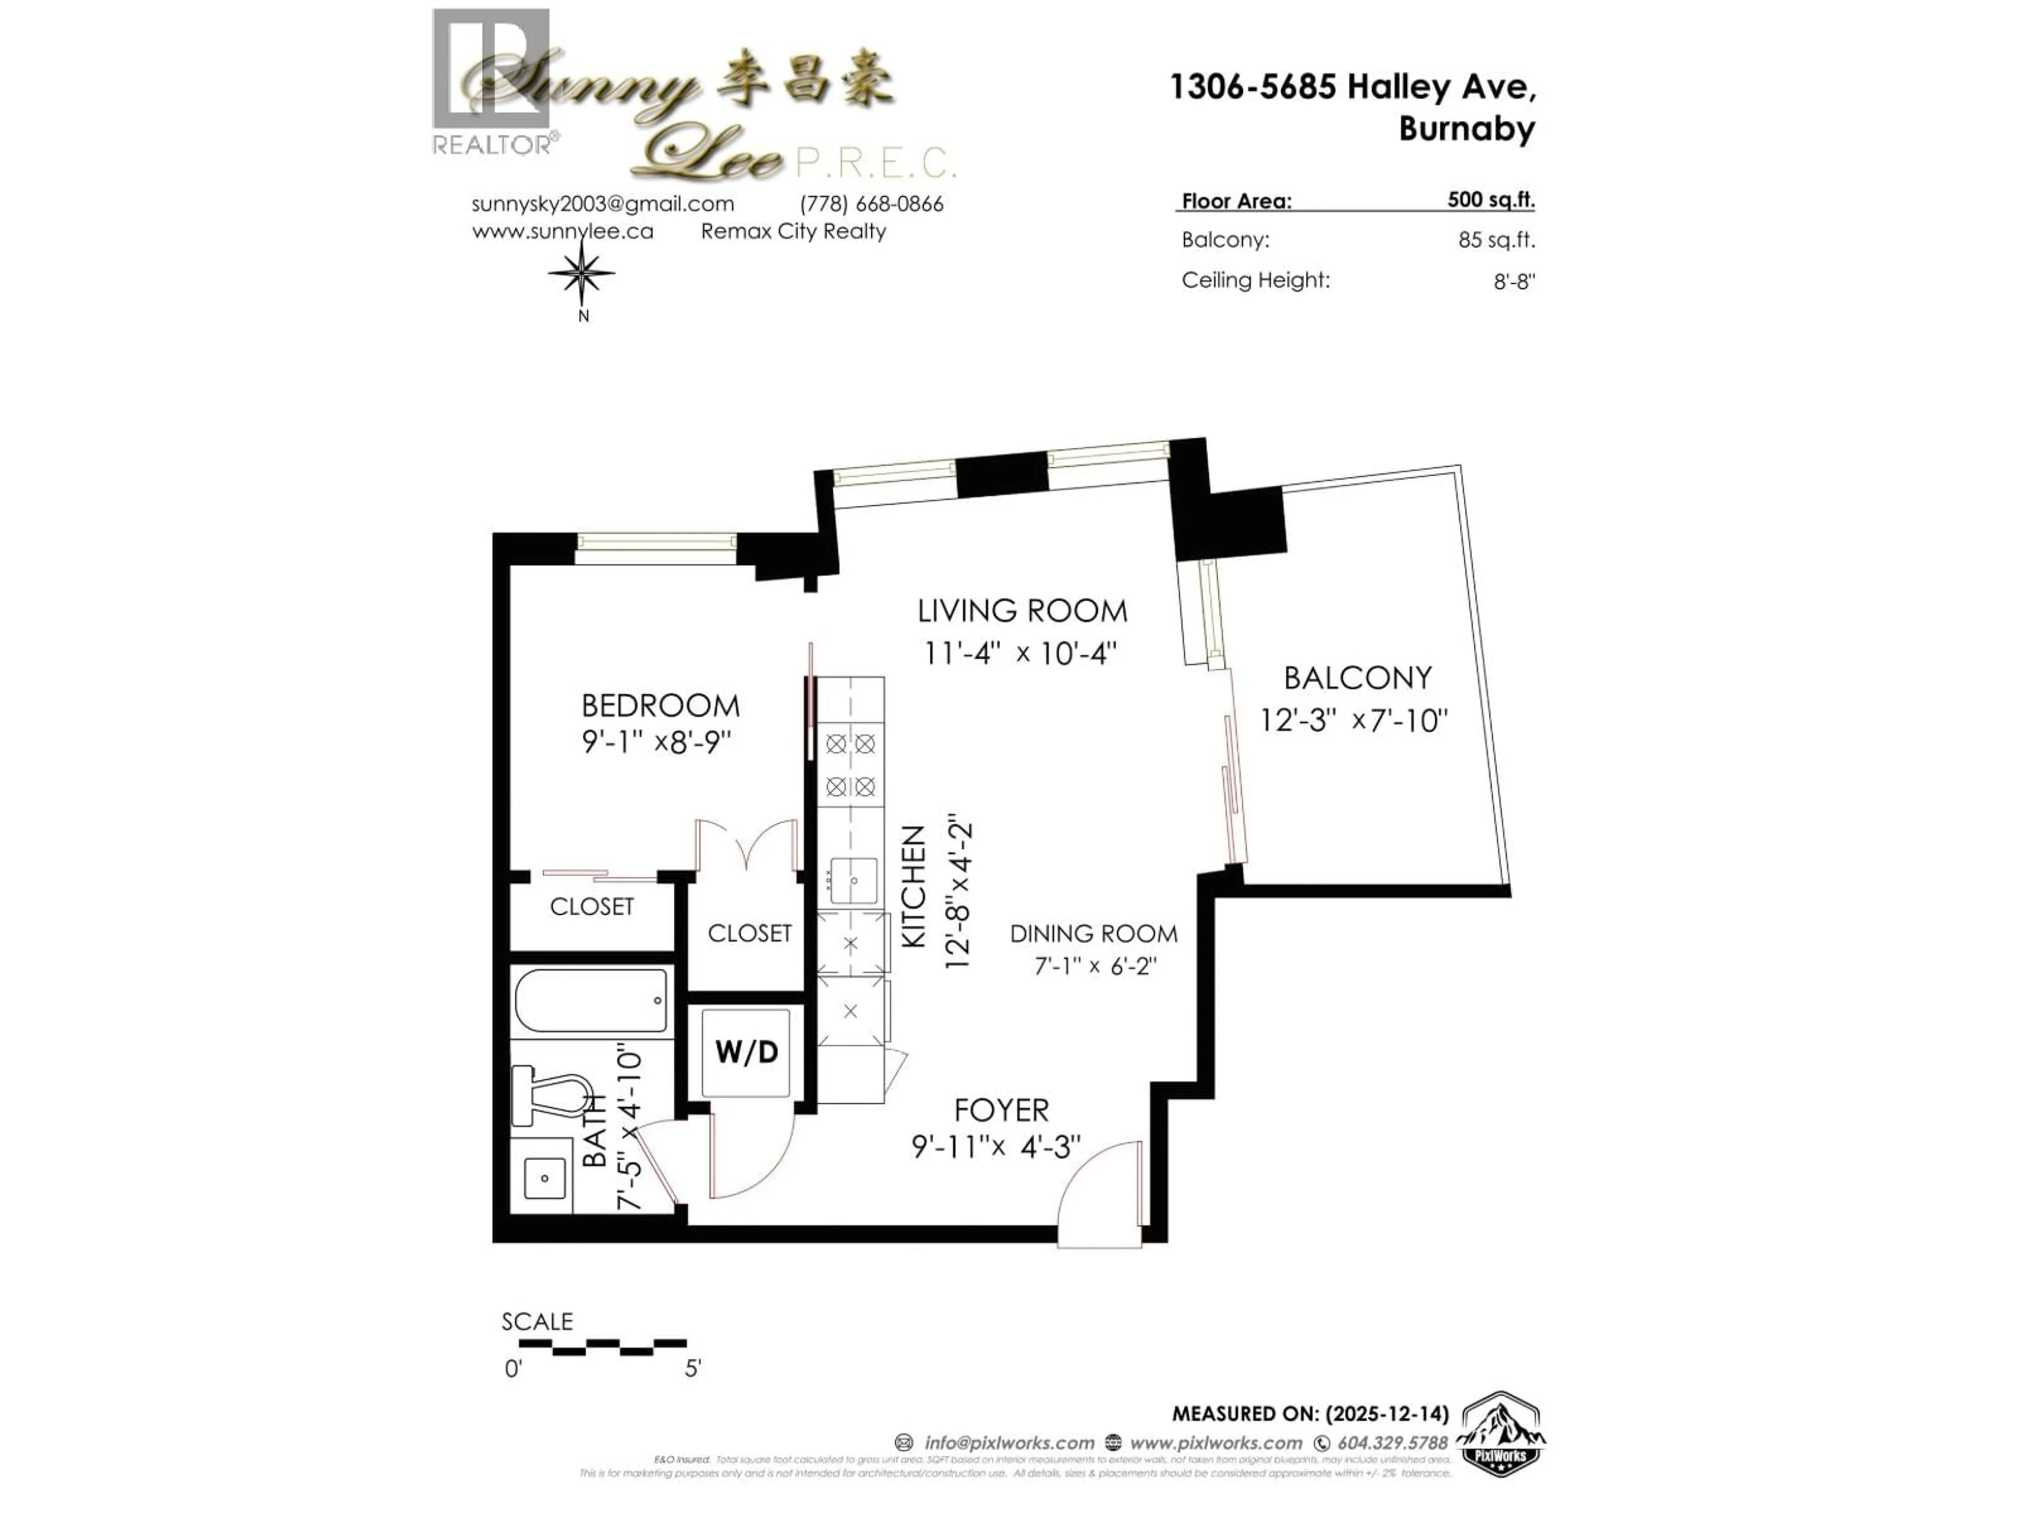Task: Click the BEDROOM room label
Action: coord(660,705)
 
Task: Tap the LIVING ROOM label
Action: coord(1022,610)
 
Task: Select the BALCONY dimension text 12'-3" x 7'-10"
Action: coord(1353,721)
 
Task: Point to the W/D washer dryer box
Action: coord(746,1052)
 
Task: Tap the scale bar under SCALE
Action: coord(603,1344)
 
